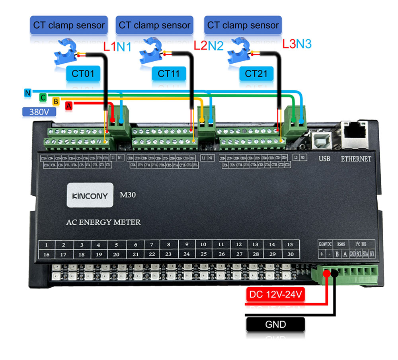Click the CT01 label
(x=82, y=74)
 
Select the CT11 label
(x=168, y=74)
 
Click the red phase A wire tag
(x=69, y=106)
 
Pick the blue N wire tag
(x=27, y=93)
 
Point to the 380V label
(x=39, y=112)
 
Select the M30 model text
(x=129, y=195)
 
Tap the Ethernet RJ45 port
(x=356, y=131)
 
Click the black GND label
(x=275, y=324)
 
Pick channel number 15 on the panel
(x=290, y=244)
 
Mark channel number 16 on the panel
(x=47, y=254)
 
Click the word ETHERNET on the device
(x=356, y=159)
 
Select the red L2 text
(x=200, y=45)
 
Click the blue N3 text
(x=303, y=44)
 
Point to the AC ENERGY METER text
(x=103, y=222)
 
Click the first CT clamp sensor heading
(x=69, y=25)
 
